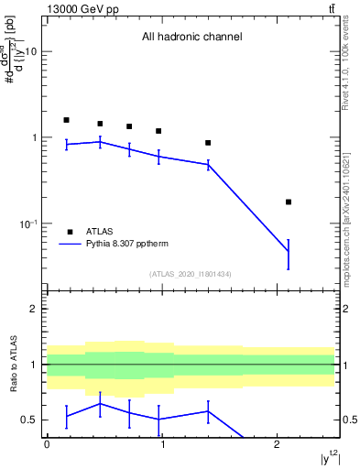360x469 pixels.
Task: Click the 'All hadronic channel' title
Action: coord(191,38)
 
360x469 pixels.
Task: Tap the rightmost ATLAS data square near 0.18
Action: coord(289,202)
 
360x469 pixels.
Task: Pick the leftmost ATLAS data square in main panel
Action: coord(66,120)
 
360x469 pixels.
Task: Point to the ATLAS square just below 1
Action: coord(208,143)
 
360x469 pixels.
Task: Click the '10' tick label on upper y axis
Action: coord(30,52)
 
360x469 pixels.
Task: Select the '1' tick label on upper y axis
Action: coord(34,138)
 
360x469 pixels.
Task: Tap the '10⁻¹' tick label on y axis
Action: coord(27,224)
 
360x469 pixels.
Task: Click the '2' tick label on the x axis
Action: coord(277,443)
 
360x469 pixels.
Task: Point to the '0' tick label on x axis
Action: coord(47,443)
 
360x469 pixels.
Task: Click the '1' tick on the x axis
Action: coord(162,443)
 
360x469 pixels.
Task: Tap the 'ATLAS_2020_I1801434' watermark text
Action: coord(191,274)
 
